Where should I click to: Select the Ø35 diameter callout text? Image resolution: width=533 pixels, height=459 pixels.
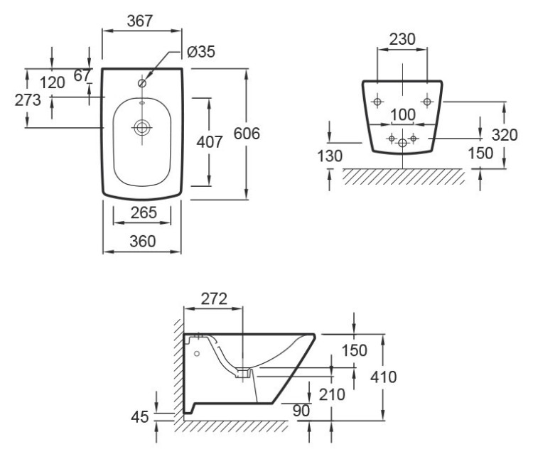pos(201,52)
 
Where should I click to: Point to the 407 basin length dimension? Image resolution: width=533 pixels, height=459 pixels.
pos(210,141)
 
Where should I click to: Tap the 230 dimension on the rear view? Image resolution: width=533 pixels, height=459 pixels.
pos(402,41)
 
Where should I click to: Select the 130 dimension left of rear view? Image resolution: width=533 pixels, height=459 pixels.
pos(330,156)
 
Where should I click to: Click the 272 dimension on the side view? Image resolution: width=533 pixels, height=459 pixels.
pos(213,300)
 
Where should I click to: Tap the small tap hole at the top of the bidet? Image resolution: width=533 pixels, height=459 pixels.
pos(142,84)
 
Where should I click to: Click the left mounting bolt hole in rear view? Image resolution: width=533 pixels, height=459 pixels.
pos(377,101)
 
